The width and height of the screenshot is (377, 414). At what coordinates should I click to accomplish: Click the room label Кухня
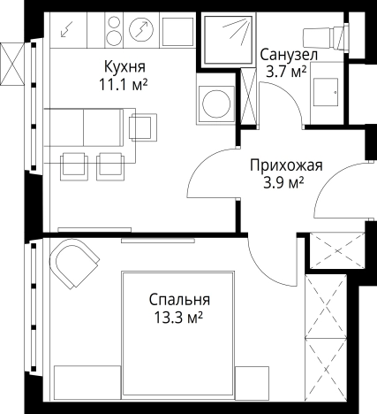click(124, 67)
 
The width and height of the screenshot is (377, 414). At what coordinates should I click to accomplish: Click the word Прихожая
click(286, 165)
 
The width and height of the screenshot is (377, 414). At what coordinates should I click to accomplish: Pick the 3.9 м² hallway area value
click(283, 182)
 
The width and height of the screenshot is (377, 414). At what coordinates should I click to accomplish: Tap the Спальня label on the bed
click(179, 299)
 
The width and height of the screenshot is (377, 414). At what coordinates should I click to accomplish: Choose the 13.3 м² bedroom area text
click(179, 316)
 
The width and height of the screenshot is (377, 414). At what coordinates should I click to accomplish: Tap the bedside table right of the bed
click(253, 380)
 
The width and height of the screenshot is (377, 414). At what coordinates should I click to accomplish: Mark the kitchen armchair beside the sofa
click(141, 126)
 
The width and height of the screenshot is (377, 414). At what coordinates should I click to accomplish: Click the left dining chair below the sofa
click(73, 164)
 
